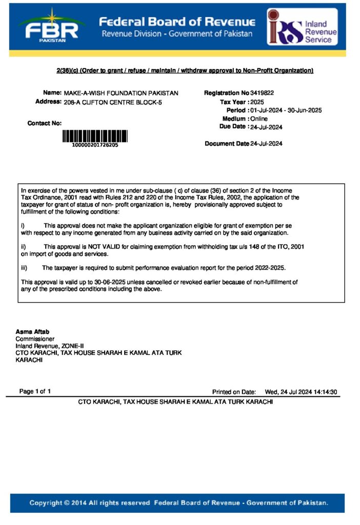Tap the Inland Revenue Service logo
coord(302,27)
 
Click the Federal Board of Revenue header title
coord(176,22)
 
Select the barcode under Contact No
coord(95,136)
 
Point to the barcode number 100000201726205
coord(95,145)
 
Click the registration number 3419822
coord(262,93)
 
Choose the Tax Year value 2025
coord(257,102)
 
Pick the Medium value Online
coord(259,118)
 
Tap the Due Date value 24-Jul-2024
coord(267,127)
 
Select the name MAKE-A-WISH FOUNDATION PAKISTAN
coord(121,93)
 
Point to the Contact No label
coord(45,123)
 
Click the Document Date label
coord(227,144)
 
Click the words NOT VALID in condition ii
coord(102,247)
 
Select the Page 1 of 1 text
coord(35,392)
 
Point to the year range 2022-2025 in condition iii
coord(270,268)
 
